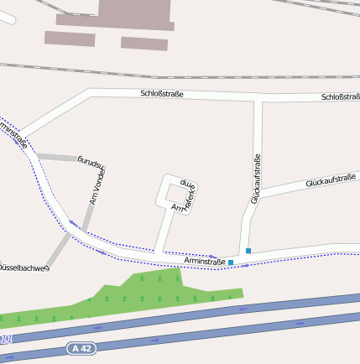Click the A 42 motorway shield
(81, 348)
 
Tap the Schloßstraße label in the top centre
(162, 94)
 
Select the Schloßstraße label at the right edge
(340, 97)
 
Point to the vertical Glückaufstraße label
(256, 179)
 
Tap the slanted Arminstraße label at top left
(14, 134)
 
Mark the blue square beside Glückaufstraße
(248, 250)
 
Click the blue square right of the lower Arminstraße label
(231, 263)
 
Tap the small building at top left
(70, 38)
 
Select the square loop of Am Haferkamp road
(176, 194)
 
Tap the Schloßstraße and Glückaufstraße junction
(258, 101)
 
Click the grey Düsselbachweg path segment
(60, 247)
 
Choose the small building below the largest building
(143, 43)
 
